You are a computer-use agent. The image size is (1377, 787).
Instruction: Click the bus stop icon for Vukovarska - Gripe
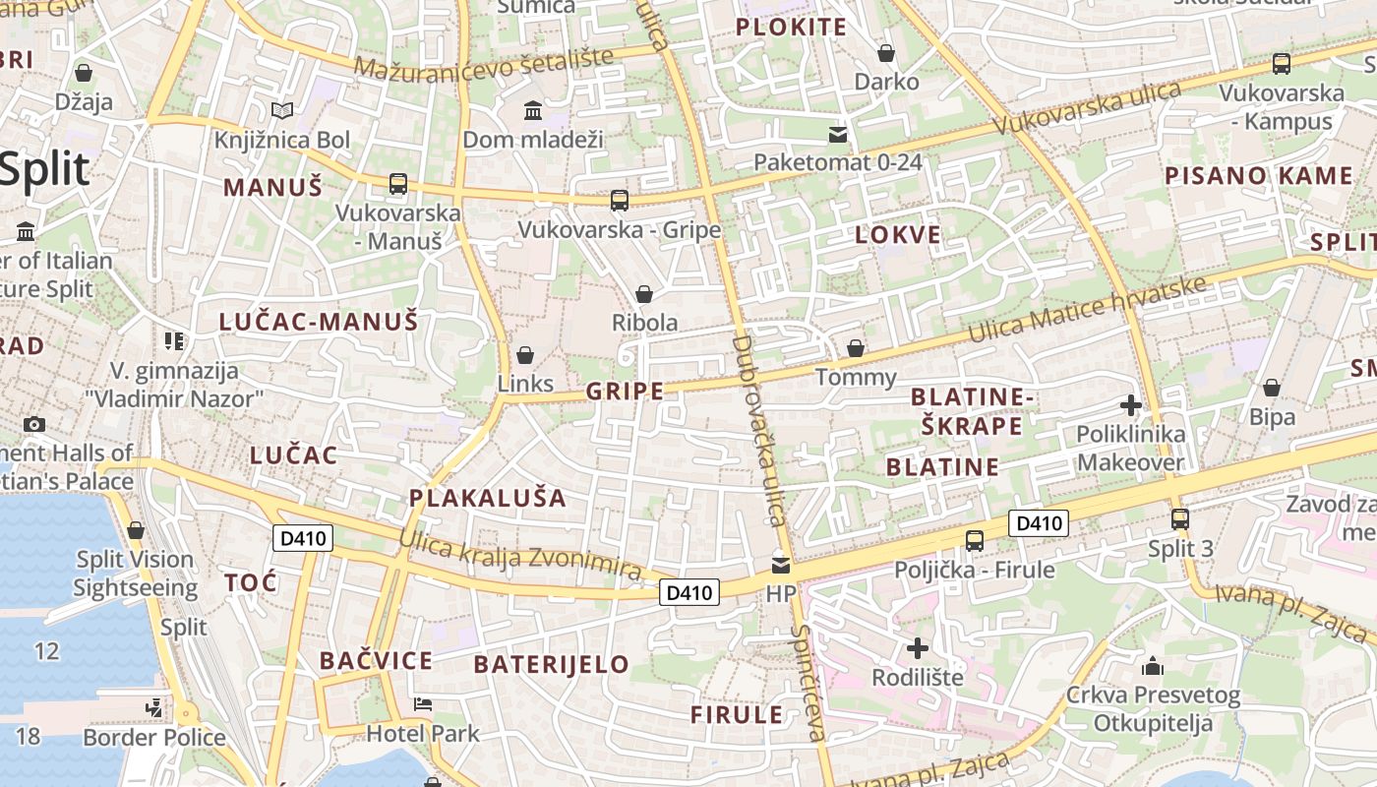click(619, 201)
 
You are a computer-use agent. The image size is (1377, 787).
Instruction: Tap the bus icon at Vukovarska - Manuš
click(397, 184)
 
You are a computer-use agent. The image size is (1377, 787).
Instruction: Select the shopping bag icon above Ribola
click(644, 294)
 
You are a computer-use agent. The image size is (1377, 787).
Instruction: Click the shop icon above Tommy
click(856, 348)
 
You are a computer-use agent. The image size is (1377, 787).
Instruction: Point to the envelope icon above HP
click(781, 565)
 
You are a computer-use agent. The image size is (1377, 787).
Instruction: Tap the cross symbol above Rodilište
click(918, 647)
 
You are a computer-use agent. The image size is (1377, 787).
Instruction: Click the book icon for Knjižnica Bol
click(282, 111)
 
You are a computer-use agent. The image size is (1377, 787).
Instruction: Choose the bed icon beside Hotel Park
click(423, 704)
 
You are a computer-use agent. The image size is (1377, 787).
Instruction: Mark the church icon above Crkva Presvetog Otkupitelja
click(1153, 667)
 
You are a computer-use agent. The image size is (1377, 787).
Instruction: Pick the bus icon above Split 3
click(1180, 518)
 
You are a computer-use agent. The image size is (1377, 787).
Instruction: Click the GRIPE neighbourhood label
click(625, 392)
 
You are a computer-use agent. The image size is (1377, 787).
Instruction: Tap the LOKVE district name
click(898, 235)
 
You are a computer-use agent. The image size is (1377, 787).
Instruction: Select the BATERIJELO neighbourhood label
click(551, 664)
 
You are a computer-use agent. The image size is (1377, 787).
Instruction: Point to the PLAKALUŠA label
click(488, 498)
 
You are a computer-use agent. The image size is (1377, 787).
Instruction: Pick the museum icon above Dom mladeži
click(533, 110)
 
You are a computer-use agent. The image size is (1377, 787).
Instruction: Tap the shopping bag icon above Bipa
click(1272, 389)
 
